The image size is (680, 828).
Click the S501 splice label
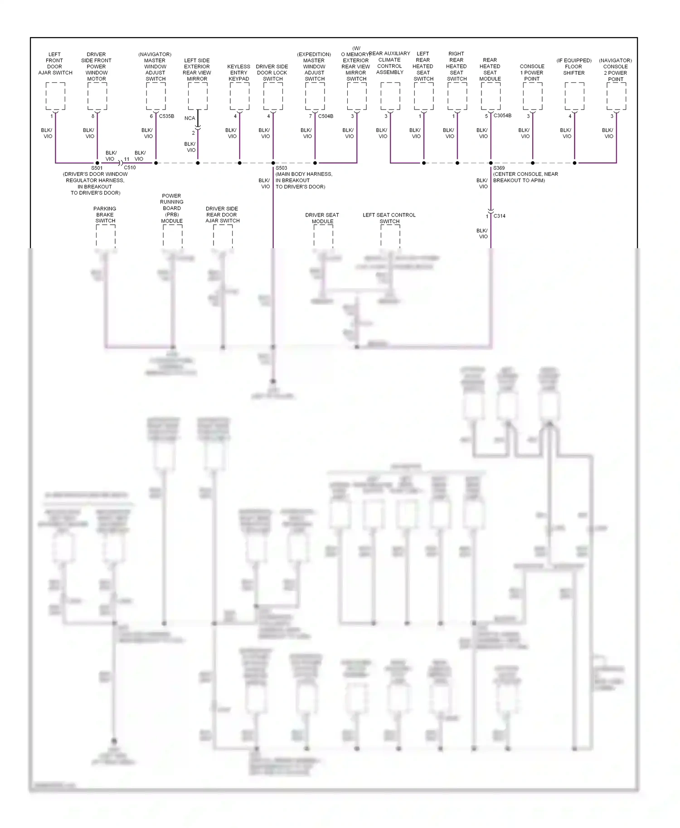click(x=97, y=168)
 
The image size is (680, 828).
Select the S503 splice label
click(x=281, y=168)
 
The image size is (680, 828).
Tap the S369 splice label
click(x=499, y=168)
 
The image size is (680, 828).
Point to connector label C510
click(x=130, y=168)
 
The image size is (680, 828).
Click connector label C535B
click(x=166, y=116)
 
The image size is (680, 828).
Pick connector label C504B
click(x=325, y=116)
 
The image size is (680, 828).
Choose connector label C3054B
click(x=502, y=116)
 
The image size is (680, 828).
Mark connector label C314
click(x=499, y=216)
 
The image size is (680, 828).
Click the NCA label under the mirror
click(x=189, y=118)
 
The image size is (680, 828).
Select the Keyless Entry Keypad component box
click(x=239, y=96)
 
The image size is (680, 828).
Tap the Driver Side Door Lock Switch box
click(x=273, y=96)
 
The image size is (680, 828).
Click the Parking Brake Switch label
click(x=105, y=215)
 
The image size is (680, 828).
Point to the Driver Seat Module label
click(x=322, y=218)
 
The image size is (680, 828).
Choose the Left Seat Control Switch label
click(x=389, y=218)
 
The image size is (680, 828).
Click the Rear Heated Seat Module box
click(x=491, y=96)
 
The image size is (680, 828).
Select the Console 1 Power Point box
click(x=532, y=96)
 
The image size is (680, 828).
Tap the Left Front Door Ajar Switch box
click(x=55, y=96)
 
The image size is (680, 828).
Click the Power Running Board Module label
click(x=172, y=208)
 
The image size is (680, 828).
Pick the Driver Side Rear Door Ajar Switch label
click(x=222, y=215)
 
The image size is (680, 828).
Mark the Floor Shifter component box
click(x=574, y=96)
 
